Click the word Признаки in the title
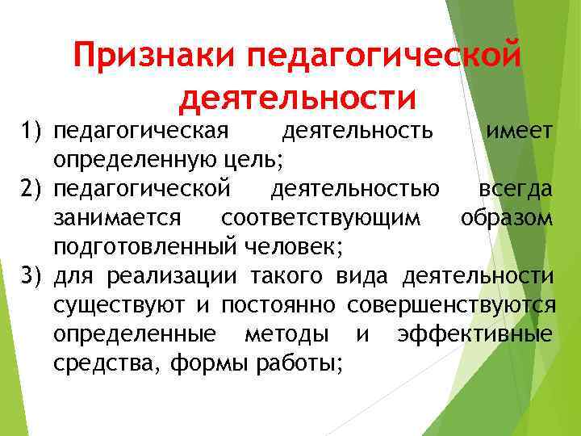pos(153,57)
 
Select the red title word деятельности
pos(298,99)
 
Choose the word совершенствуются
pos(451,306)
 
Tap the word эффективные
pos(475,334)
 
